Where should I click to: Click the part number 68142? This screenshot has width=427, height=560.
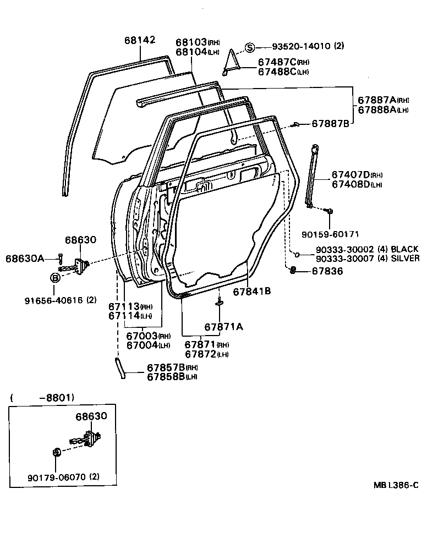[140, 40]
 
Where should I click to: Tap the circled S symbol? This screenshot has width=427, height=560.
[250, 47]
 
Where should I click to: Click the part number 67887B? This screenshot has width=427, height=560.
[331, 124]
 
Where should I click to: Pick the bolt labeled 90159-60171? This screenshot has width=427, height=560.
[329, 211]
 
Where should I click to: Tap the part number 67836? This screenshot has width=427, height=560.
[327, 271]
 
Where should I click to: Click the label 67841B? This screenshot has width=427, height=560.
[251, 292]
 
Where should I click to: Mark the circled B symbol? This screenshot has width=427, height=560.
[56, 278]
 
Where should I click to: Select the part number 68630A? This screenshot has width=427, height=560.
[25, 257]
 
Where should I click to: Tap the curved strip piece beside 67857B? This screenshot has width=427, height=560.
[120, 368]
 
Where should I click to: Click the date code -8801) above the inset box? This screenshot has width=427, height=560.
[57, 397]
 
